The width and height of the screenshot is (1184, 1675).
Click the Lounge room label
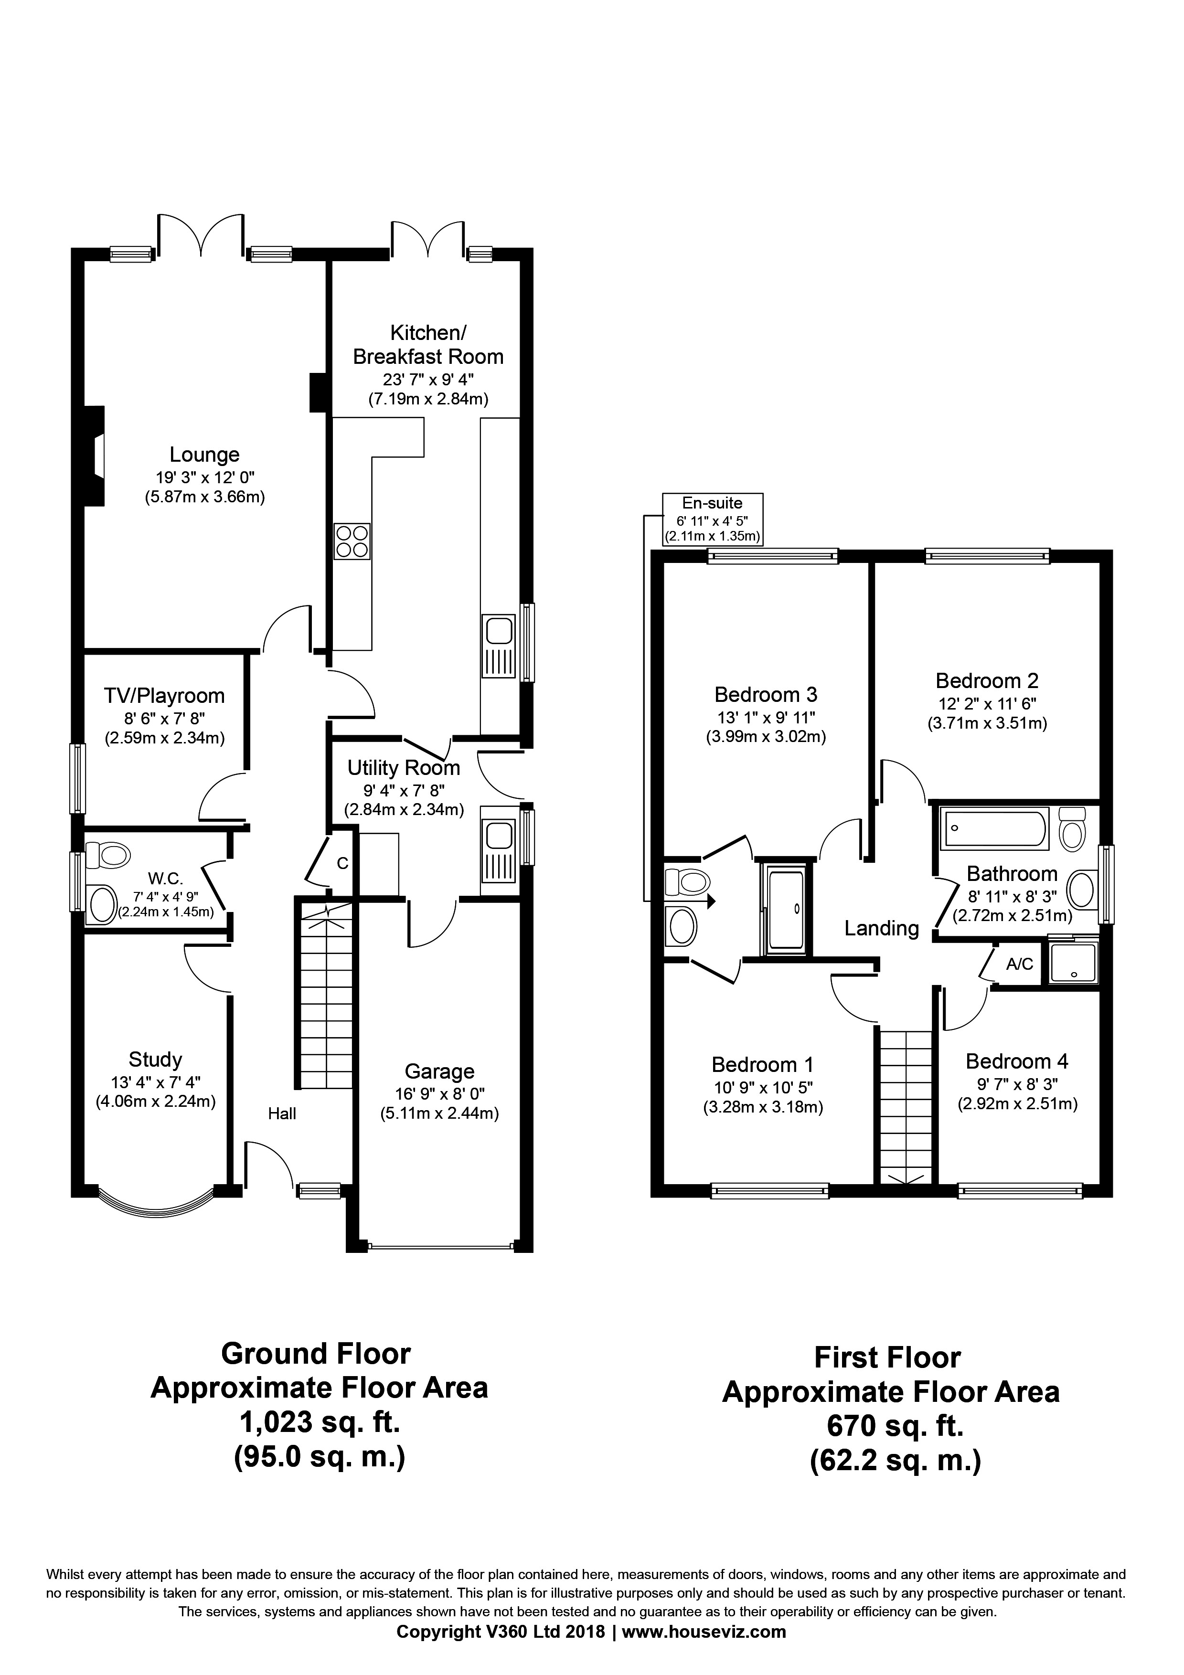(204, 455)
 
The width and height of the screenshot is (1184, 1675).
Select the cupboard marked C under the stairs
(342, 863)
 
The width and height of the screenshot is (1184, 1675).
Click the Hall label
(282, 1113)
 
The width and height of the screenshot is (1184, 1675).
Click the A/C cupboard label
(1019, 964)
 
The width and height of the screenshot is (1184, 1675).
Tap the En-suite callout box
(712, 519)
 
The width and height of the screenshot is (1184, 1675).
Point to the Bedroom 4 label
(1016, 1061)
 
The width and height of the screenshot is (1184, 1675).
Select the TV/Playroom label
(164, 696)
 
